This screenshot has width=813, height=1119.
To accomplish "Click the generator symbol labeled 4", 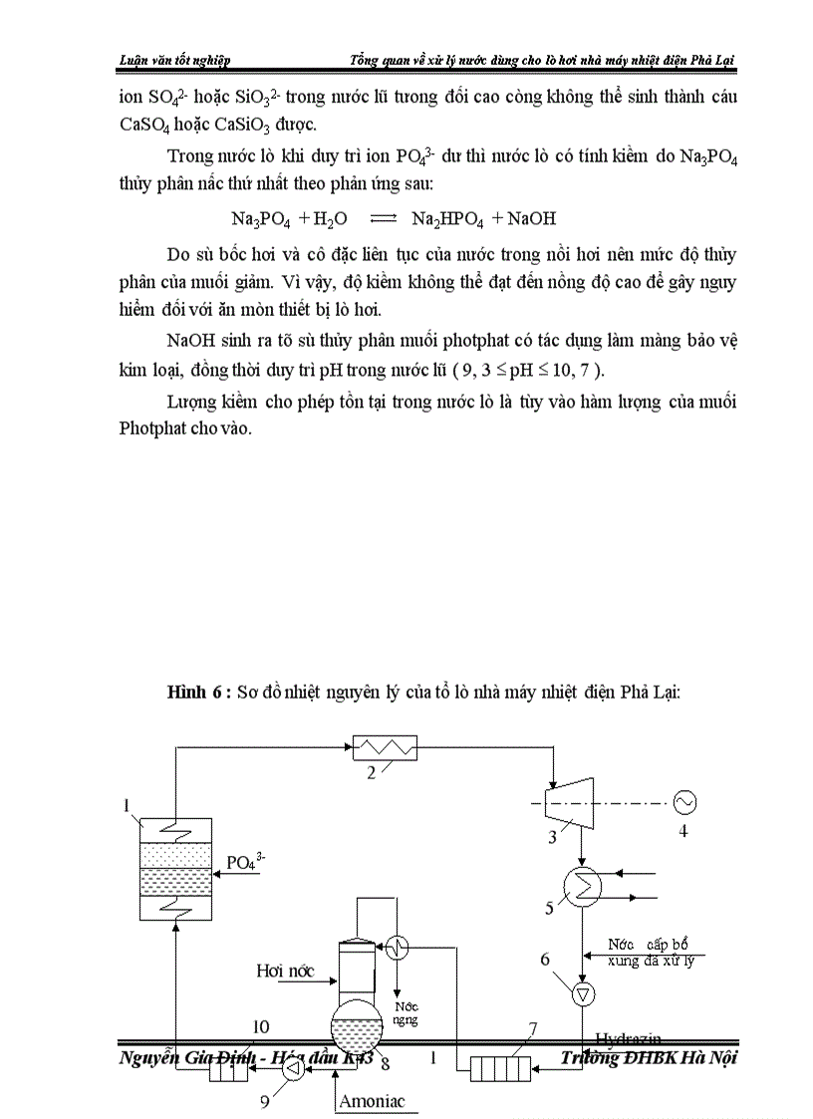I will (683, 800).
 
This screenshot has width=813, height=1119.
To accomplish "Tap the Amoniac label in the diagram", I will (372, 1101).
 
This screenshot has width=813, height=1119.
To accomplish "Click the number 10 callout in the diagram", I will (260, 1026).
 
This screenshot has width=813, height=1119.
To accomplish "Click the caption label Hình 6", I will (198, 695).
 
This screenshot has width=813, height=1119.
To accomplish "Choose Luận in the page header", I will (134, 60).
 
